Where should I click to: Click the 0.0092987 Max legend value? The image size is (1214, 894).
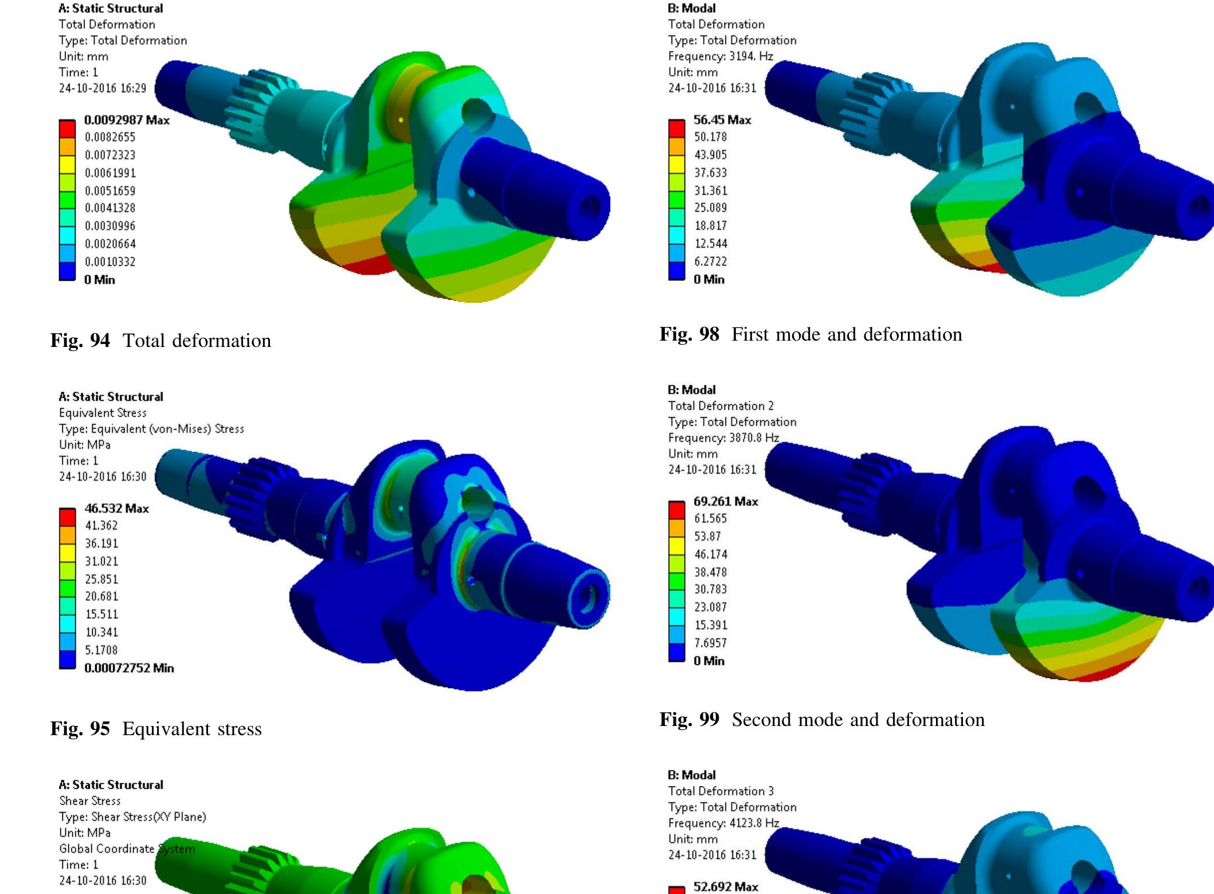(127, 120)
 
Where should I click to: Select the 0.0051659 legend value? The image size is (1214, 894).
(110, 190)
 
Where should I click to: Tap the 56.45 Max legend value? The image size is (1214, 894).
(722, 120)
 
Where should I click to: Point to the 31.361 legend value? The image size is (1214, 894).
(711, 190)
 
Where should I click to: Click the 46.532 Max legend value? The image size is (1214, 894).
(116, 508)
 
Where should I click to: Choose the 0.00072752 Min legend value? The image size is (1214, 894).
(129, 668)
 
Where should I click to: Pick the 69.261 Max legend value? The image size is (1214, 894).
(726, 501)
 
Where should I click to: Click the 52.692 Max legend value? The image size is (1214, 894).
(726, 887)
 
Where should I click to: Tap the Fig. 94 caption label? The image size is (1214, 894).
(80, 341)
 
